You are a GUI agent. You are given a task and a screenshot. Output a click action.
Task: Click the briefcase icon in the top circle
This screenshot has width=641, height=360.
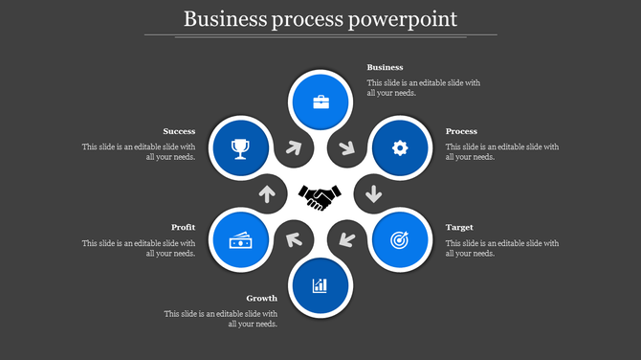point(320,101)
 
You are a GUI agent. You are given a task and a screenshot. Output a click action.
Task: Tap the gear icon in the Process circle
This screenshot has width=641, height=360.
point(400,147)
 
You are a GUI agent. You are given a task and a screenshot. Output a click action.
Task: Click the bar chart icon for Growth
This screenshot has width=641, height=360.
point(320,284)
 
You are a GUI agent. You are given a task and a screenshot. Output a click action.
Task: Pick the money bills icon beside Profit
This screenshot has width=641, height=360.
point(240,240)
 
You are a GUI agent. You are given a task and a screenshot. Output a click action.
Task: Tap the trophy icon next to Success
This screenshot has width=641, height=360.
point(240,147)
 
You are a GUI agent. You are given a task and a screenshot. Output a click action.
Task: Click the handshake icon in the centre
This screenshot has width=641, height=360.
point(320,197)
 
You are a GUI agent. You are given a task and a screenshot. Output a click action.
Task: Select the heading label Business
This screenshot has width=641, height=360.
point(385,68)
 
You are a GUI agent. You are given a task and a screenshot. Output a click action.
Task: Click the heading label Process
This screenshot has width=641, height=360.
point(461,131)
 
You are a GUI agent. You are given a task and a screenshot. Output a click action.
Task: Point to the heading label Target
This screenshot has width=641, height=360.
point(459,228)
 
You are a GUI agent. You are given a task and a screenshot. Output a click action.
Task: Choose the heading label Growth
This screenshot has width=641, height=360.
point(261,299)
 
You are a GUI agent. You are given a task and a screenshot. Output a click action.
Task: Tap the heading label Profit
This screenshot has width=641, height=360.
point(184,228)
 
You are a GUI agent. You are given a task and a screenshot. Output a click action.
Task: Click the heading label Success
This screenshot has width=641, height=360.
point(179,131)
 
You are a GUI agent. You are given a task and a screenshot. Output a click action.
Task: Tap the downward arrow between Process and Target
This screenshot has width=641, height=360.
point(373,193)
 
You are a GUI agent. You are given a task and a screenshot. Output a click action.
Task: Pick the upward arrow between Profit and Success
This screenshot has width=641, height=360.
point(267,193)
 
